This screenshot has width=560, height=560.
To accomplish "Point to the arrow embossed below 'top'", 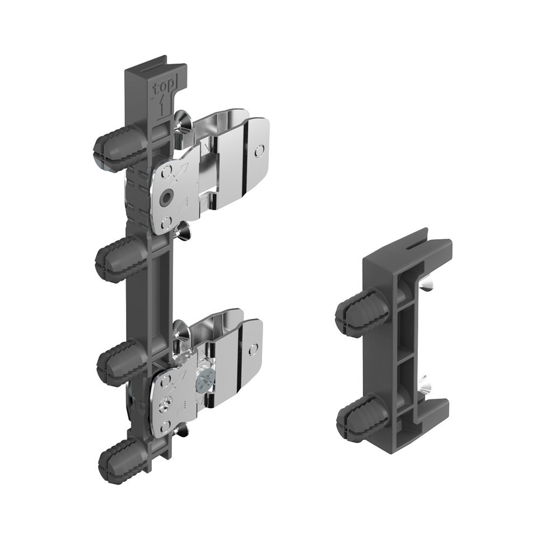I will tap(162, 106).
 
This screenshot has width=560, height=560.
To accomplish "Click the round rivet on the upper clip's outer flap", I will tap(258, 150).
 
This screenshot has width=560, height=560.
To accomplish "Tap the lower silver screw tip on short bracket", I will tap(427, 381).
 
